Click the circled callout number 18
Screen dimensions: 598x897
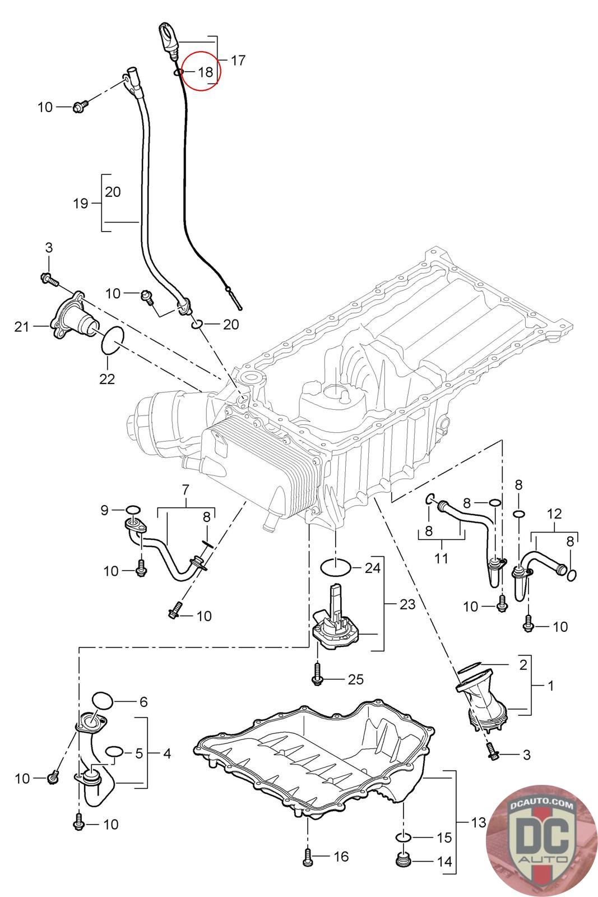click(x=205, y=72)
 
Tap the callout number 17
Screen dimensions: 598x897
click(x=238, y=61)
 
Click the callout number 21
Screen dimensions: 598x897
click(x=22, y=327)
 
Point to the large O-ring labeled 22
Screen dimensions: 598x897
click(x=112, y=340)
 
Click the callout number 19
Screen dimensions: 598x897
click(x=81, y=204)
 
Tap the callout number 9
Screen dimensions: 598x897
click(x=104, y=510)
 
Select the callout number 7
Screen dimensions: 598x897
click(x=186, y=489)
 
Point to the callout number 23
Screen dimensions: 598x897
click(x=407, y=604)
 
